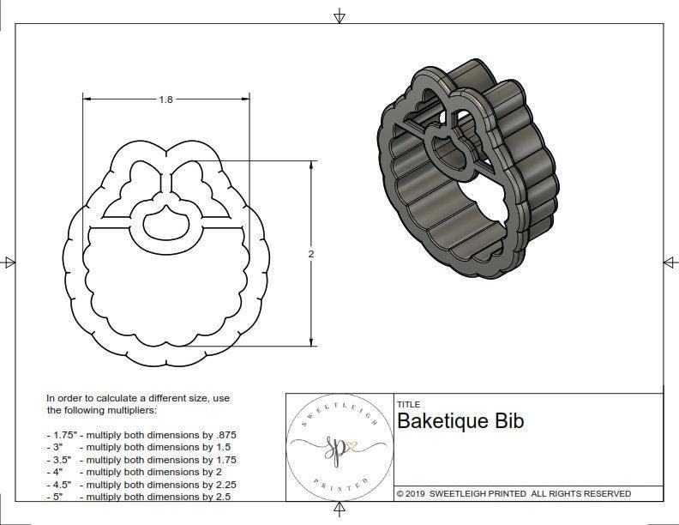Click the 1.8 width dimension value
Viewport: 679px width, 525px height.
pyautogui.click(x=165, y=100)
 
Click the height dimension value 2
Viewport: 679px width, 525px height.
pyautogui.click(x=311, y=254)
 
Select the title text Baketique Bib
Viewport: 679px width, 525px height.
pyautogui.click(x=460, y=421)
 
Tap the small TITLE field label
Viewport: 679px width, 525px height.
pyautogui.click(x=408, y=404)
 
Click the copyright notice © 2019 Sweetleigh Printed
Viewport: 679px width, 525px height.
pyautogui.click(x=514, y=493)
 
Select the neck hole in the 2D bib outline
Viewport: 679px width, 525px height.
pyautogui.click(x=164, y=224)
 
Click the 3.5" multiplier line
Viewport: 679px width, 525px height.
pyautogui.click(x=141, y=460)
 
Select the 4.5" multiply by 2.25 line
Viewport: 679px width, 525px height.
pyautogui.click(x=141, y=484)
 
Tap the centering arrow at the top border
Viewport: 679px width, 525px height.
pyautogui.click(x=339, y=15)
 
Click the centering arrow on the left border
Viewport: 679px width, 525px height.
pyautogui.click(x=9, y=262)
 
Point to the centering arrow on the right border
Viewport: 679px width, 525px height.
pyautogui.click(x=670, y=262)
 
